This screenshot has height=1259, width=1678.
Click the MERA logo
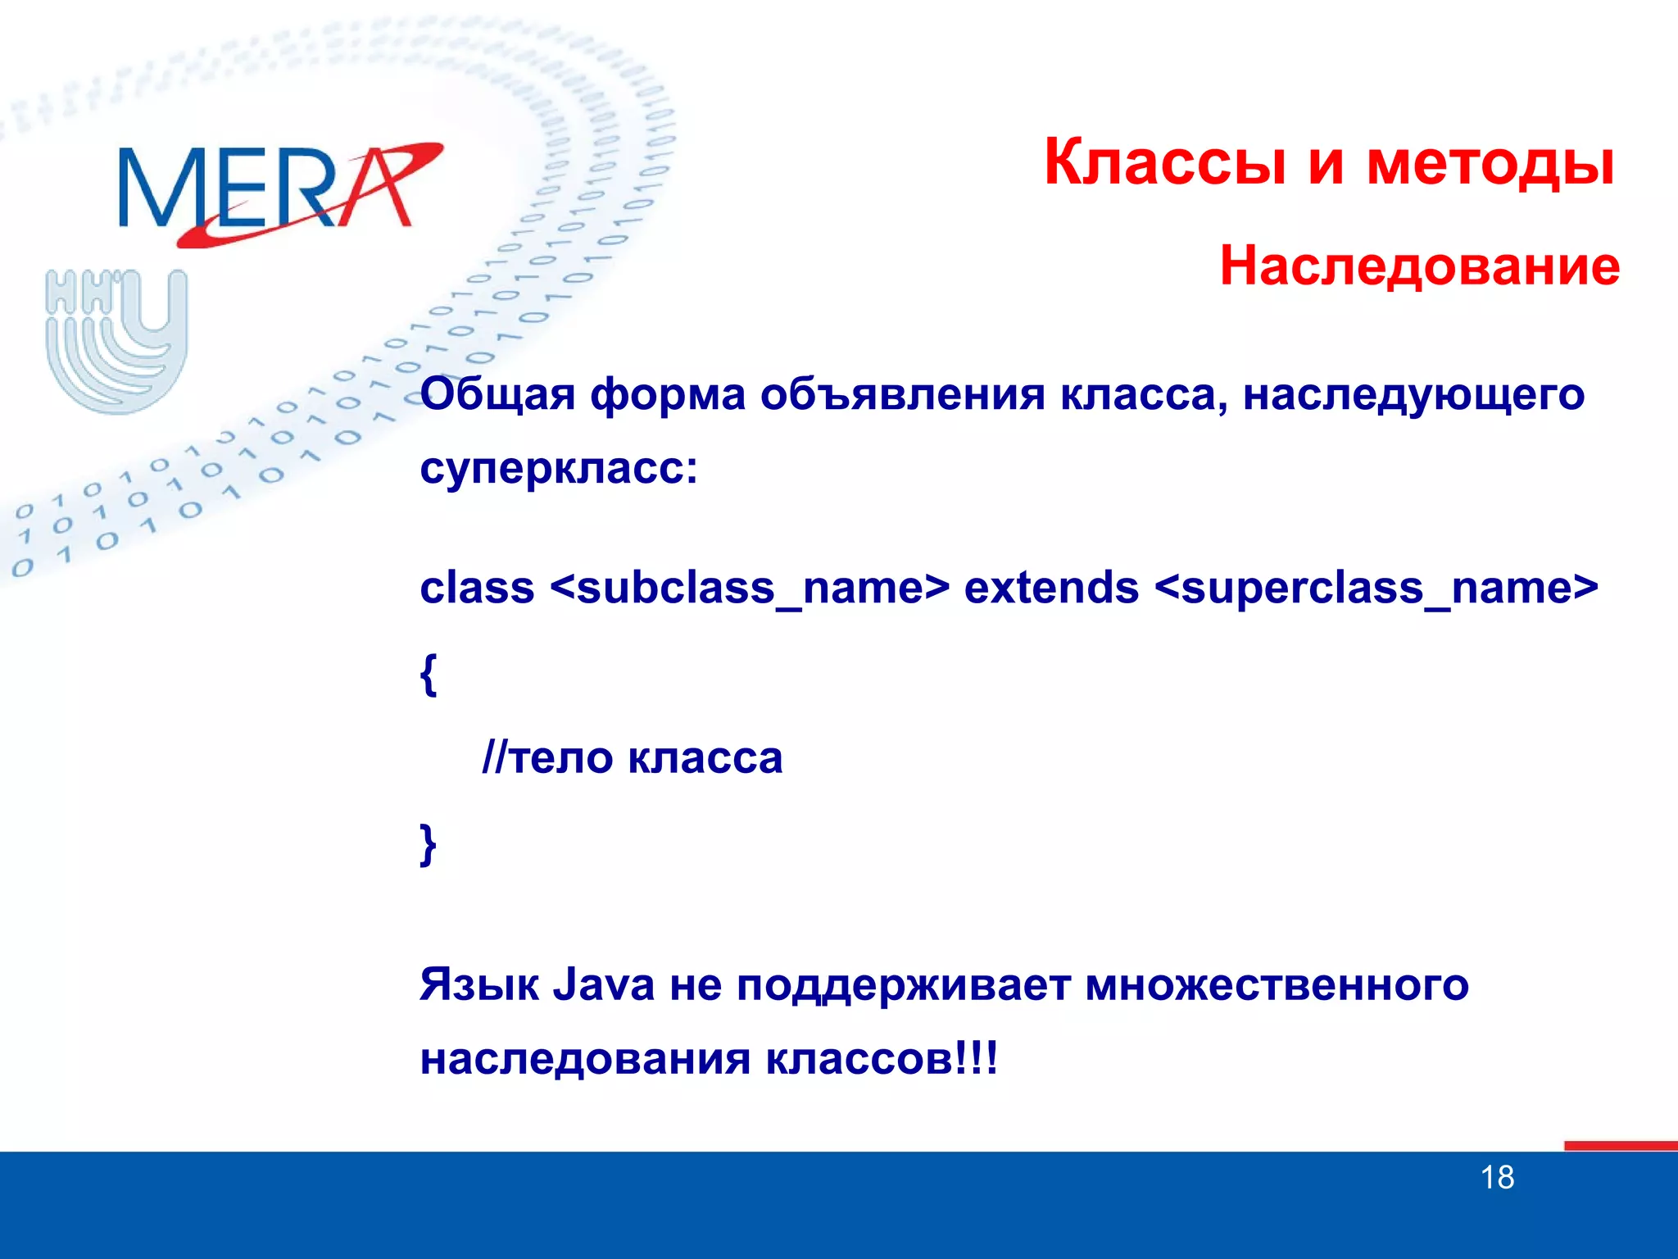(279, 190)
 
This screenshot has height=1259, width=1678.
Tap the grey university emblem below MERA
(116, 339)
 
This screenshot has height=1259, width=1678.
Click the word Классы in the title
(1164, 162)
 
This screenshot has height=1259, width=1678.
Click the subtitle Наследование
(1419, 266)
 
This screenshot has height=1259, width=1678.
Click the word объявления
(902, 394)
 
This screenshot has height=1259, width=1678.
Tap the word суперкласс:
(559, 469)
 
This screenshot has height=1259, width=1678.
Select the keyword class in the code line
(477, 588)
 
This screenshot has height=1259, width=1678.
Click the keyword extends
(1051, 588)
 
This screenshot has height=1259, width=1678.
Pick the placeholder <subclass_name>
(750, 589)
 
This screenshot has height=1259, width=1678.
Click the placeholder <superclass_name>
(1376, 589)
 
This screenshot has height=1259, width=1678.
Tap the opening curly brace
(429, 674)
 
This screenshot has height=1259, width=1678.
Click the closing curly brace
(429, 844)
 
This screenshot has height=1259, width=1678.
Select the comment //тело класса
(632, 757)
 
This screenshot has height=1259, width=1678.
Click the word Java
(604, 984)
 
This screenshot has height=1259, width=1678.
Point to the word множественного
(1277, 984)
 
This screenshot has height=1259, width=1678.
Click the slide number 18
(1497, 1177)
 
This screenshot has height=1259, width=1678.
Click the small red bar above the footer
(1620, 1145)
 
